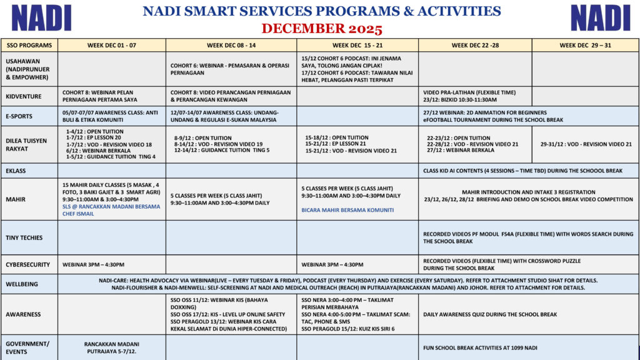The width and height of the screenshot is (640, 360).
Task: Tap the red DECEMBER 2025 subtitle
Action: click(321, 29)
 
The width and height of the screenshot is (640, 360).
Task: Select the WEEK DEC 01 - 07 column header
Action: click(111, 45)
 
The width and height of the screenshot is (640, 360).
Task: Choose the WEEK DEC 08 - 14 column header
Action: click(231, 45)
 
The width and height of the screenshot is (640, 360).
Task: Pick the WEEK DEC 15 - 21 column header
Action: click(357, 45)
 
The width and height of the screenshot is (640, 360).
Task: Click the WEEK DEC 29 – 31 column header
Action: click(585, 45)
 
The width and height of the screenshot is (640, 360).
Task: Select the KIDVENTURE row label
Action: click(24, 96)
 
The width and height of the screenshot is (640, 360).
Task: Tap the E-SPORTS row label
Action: click(19, 116)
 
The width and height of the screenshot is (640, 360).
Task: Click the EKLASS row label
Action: click(17, 170)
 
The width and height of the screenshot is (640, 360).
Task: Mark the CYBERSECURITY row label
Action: click(28, 264)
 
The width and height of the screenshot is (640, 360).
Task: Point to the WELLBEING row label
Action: click(22, 284)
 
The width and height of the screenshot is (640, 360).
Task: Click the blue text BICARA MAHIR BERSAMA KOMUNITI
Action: click(348, 210)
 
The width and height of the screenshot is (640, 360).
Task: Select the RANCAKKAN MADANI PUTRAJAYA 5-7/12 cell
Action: click(111, 347)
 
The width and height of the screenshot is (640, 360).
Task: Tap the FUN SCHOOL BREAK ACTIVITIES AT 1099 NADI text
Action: click(480, 347)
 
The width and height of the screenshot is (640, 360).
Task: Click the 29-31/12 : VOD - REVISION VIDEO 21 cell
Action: click(586, 144)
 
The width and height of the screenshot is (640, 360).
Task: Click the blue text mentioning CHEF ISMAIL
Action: click(111, 209)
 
